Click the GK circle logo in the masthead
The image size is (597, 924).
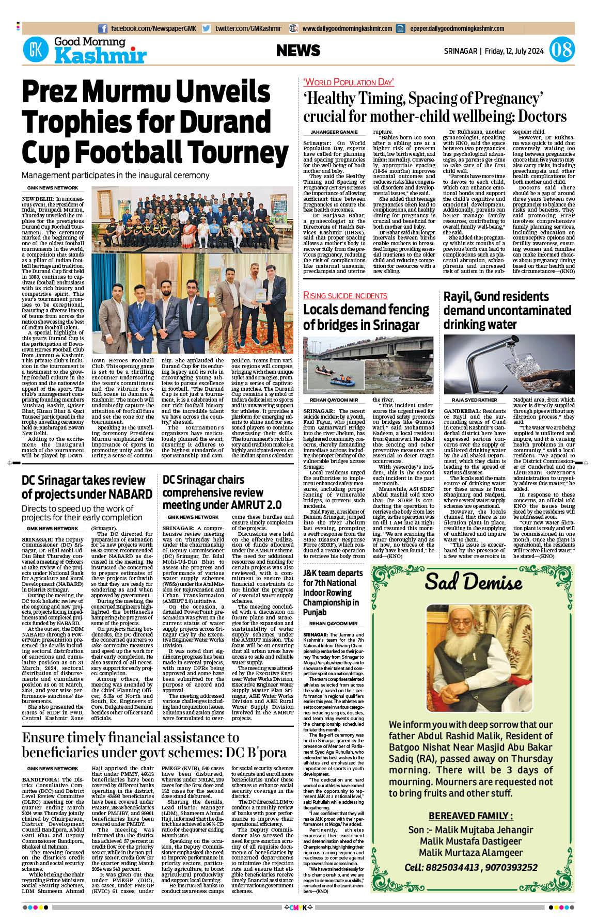pos(36,50)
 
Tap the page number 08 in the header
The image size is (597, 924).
pos(561,50)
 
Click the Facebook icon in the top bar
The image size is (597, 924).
pos(103,29)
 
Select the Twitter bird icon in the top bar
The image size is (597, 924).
pos(207,29)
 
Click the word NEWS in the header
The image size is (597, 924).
pos(298,51)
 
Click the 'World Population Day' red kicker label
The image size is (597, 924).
pos(348,82)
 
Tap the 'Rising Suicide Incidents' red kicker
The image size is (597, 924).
pos(345,296)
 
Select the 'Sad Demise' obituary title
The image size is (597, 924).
pos(473,582)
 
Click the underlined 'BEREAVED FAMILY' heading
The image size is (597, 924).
pos(470,816)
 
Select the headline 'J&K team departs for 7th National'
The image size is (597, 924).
pos(333,578)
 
